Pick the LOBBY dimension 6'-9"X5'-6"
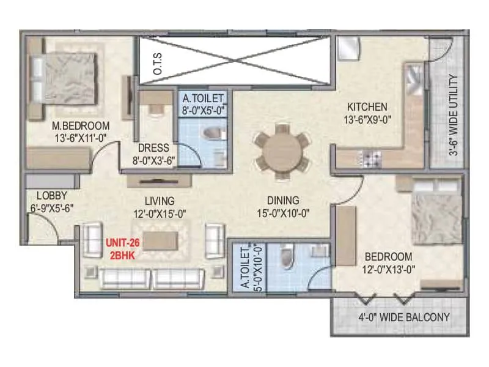pos(52,208)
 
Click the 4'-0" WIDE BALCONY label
pos(404,317)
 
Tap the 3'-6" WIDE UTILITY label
pos(453,116)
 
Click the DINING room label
pos(282,200)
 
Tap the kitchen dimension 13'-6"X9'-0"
pos(366,119)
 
